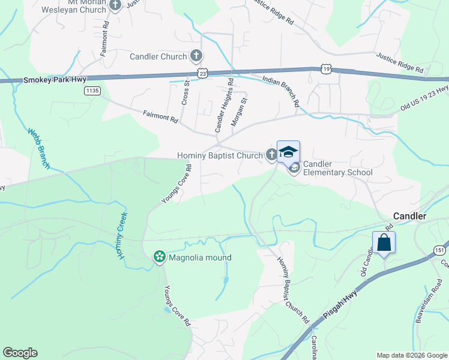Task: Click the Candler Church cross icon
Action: [x=195, y=57]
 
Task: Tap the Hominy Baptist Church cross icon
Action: [x=271, y=155]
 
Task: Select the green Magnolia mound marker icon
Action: [x=159, y=257]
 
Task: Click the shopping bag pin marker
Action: [x=384, y=242]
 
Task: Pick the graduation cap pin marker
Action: [x=288, y=152]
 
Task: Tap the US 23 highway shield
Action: [x=203, y=73]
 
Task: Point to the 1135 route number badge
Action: [x=92, y=91]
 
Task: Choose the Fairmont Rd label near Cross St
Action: [x=160, y=116]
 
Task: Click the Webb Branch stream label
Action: [x=39, y=148]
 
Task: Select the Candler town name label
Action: [x=409, y=216]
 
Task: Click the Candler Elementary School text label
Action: [x=337, y=168]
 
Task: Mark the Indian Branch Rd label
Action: [x=280, y=91]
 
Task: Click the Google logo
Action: [x=20, y=353]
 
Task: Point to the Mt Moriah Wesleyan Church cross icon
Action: [x=116, y=5]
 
